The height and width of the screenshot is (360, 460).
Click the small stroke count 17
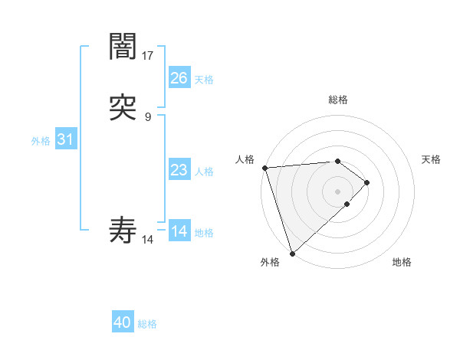click(x=148, y=55)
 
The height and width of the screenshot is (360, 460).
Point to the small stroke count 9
click(x=148, y=116)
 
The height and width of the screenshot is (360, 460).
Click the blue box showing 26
click(x=179, y=78)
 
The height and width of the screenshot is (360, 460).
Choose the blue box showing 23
click(x=179, y=170)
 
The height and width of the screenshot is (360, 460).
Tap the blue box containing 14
click(x=179, y=231)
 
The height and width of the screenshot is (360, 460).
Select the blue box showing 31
click(x=65, y=140)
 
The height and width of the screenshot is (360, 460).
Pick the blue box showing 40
click(x=123, y=323)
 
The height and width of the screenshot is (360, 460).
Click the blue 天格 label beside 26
click(x=204, y=80)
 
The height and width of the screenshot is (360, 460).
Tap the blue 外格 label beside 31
click(x=41, y=141)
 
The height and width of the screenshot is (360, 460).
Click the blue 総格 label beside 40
click(x=147, y=324)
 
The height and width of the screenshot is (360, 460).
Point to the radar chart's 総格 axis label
click(x=338, y=100)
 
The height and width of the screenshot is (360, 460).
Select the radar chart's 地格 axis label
click(x=402, y=262)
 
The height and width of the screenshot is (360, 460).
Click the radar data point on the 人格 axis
click(x=264, y=168)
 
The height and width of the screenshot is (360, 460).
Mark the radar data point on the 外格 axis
click(x=291, y=253)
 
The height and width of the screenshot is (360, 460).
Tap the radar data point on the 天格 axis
click(x=368, y=182)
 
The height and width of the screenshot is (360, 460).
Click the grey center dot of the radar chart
click(x=337, y=191)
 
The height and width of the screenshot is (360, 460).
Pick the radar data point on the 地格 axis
click(x=347, y=205)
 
